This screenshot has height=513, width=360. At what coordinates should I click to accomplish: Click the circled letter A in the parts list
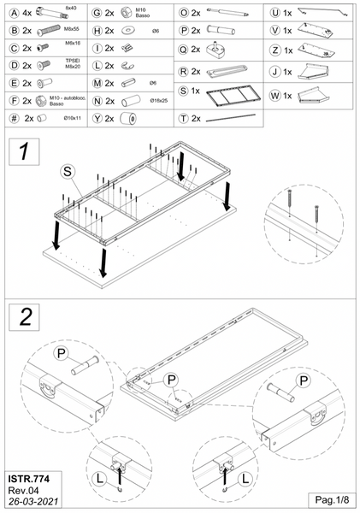(11, 14)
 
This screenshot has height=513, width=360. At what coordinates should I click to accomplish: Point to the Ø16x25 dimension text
(158, 101)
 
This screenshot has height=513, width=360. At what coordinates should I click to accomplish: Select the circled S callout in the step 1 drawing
(68, 172)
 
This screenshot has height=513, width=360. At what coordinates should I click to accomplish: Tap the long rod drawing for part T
(234, 117)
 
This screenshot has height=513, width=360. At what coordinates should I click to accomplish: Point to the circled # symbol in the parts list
(11, 118)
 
